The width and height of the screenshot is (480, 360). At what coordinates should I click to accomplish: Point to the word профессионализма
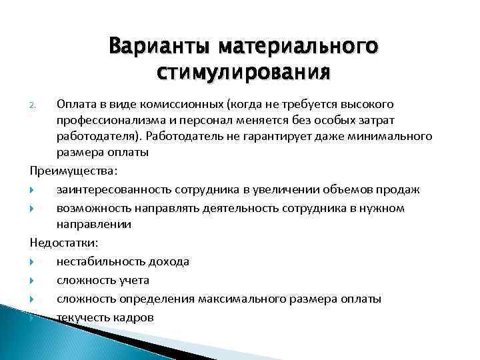111,120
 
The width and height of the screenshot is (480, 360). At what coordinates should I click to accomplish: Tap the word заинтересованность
112,189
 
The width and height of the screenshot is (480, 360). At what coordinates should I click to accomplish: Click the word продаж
400,189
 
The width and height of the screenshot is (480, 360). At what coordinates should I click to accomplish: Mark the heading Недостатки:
62,243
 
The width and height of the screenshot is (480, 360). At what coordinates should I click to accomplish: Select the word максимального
238,299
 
